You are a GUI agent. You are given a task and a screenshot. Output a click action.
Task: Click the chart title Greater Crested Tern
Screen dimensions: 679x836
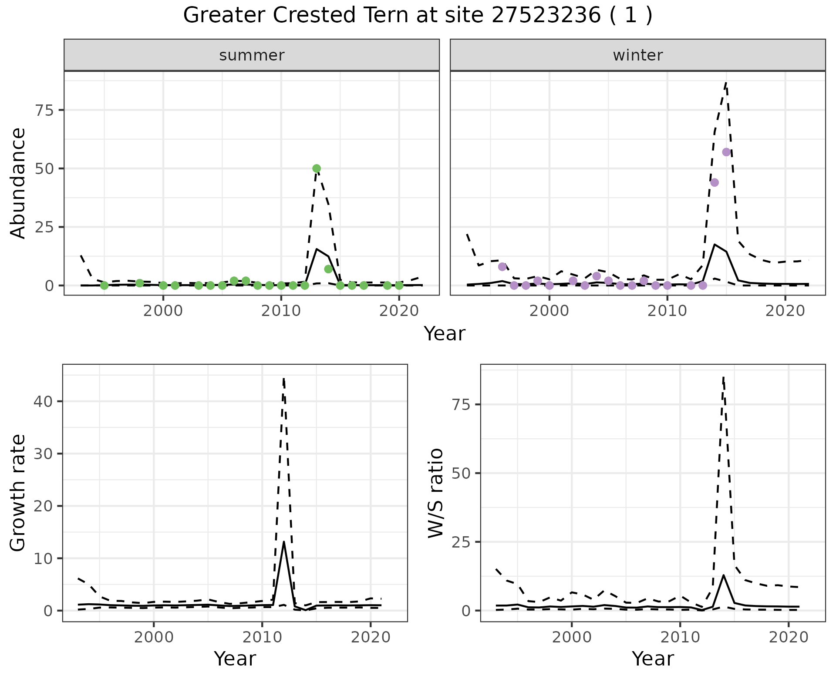(417, 16)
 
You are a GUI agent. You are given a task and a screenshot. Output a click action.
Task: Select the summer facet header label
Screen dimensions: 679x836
(252, 55)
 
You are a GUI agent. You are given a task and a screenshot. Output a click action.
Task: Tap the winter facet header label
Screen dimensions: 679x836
(637, 55)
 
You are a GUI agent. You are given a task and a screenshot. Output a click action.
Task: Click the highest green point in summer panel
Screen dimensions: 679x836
(317, 168)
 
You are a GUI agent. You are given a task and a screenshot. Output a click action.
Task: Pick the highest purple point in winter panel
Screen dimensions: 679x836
(726, 152)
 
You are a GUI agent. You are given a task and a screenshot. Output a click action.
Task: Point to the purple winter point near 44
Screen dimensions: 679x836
(715, 182)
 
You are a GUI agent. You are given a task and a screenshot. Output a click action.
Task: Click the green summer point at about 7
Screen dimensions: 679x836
(328, 269)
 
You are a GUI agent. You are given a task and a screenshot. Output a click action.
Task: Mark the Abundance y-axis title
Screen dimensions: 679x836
(18, 183)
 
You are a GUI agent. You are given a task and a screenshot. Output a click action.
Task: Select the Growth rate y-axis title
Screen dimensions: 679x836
(18, 493)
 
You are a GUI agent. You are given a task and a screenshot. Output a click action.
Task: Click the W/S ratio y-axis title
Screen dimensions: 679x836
(435, 493)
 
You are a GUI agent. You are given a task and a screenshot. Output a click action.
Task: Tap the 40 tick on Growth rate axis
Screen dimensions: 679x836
(43, 401)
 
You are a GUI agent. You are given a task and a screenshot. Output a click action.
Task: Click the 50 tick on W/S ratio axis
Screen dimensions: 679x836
(461, 473)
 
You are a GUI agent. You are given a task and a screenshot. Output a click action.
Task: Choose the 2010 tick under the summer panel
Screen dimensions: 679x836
(281, 312)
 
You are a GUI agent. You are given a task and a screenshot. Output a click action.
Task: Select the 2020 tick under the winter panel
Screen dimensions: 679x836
(785, 312)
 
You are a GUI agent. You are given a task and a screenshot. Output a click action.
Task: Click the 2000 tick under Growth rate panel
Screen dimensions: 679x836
(153, 637)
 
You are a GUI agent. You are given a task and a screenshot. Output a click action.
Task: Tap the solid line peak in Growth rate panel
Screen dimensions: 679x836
(283, 542)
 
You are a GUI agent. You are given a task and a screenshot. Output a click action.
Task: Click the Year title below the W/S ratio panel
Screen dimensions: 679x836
(653, 659)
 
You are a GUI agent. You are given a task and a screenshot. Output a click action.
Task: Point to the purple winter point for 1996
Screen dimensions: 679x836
(502, 267)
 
